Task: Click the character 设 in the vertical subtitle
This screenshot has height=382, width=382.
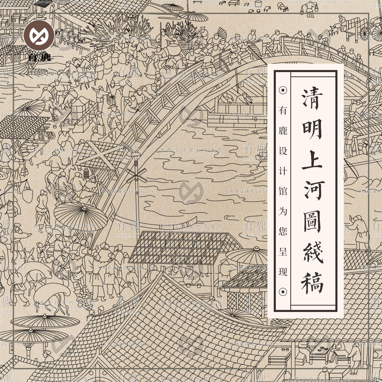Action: (x=283, y=151)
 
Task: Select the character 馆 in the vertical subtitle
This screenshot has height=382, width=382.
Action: (x=283, y=191)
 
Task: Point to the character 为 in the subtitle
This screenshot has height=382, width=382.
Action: (x=283, y=211)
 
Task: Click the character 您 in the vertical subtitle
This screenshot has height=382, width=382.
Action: (x=283, y=231)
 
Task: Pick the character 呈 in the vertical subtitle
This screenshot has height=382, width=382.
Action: (x=283, y=252)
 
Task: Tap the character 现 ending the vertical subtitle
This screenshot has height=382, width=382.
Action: (x=283, y=272)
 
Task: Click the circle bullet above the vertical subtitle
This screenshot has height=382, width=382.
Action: (x=283, y=90)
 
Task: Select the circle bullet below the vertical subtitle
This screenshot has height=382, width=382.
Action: (x=283, y=292)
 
